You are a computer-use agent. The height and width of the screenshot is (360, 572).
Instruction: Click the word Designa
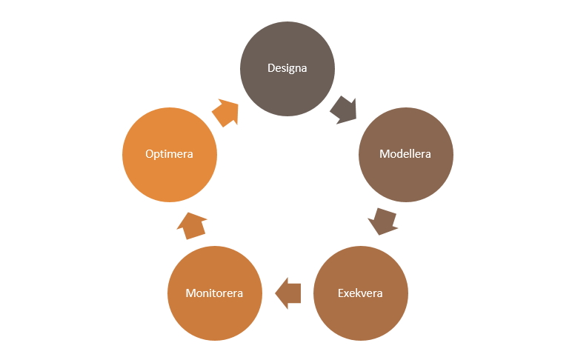pos(287,69)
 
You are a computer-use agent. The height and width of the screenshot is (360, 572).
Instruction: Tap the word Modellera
pos(405,154)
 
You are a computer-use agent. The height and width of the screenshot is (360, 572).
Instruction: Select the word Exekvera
pos(360,293)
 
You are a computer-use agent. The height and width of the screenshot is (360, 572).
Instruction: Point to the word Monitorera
pos(215,293)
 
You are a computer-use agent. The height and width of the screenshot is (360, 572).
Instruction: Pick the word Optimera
pos(169,154)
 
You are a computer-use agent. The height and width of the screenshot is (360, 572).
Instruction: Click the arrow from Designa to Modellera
pos(343,110)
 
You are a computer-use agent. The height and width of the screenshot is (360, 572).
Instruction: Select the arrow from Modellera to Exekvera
pos(382,221)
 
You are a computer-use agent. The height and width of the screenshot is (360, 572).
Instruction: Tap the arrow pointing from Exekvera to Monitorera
pos(287,293)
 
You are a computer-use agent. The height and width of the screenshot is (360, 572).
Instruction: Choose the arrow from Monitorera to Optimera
pos(192,226)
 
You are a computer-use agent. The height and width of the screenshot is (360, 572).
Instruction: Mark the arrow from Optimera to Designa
pos(225,113)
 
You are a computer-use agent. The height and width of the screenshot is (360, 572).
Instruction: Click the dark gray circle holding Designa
pos(287,69)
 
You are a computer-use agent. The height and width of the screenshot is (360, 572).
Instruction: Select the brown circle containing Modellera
pos(406,155)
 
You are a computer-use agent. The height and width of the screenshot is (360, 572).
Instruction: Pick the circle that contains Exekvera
pos(361,293)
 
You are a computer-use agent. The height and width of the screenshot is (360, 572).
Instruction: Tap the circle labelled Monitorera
pos(215,293)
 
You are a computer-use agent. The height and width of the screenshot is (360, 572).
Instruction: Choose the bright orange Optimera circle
pos(170,155)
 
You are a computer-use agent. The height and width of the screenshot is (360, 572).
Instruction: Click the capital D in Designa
pos(271,68)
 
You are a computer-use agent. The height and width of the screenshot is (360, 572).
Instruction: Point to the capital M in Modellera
pos(385,154)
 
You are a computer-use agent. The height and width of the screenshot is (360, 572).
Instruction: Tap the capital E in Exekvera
pos(341,293)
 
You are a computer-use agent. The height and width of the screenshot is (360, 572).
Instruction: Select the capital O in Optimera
pos(150,154)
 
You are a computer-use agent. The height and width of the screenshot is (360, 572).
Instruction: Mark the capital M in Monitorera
pos(190,293)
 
